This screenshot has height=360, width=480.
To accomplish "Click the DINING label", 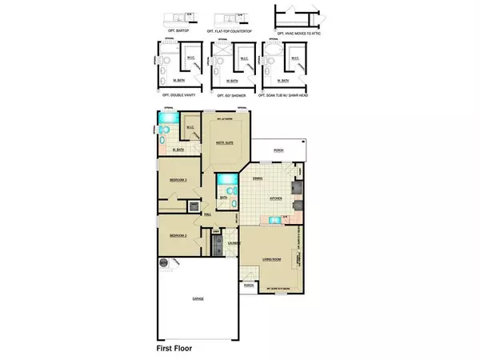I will (x=257, y=178).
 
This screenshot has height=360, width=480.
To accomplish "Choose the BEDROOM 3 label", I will (x=178, y=180).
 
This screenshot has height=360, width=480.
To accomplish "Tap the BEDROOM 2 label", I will (x=178, y=237).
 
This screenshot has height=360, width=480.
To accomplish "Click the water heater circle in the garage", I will (x=163, y=262).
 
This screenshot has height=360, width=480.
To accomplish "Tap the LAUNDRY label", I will (x=234, y=242).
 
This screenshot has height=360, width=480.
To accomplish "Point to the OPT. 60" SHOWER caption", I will (x=231, y=94).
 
